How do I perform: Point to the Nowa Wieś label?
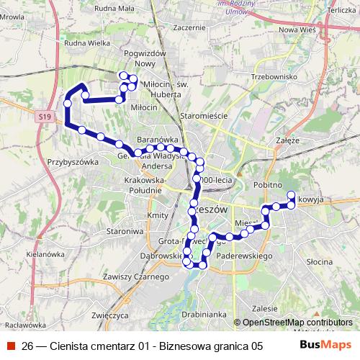click(x=298, y=30)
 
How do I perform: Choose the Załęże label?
click(x=287, y=140)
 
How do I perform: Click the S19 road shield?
click(x=45, y=117)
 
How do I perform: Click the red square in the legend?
click(x=11, y=345)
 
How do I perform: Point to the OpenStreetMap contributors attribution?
click(x=297, y=322)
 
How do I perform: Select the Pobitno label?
click(x=266, y=184)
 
